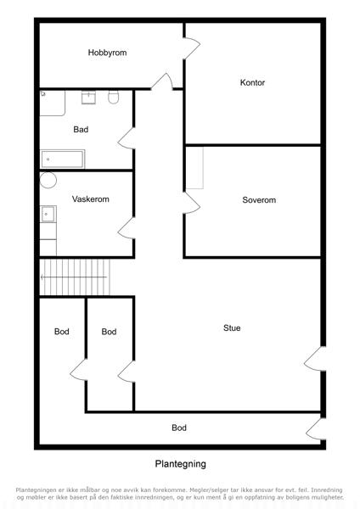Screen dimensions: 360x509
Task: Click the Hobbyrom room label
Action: tap(107, 53)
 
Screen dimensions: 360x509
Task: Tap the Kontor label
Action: tap(252, 82)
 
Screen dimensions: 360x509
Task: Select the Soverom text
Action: tap(259, 199)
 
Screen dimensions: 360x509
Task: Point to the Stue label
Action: tap(232, 327)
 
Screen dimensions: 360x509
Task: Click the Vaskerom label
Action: tap(91, 199)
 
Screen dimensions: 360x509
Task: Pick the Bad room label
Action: tap(81, 130)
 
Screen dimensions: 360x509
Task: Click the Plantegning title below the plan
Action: tap(180, 464)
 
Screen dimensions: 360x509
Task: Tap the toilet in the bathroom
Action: tap(114, 97)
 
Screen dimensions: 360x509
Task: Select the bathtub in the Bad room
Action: tap(62, 159)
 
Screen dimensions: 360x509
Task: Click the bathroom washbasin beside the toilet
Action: tap(88, 97)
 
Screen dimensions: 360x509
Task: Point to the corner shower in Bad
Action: tap(53, 103)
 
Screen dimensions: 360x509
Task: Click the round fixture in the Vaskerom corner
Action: tap(48, 180)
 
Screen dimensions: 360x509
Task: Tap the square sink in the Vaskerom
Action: tap(48, 214)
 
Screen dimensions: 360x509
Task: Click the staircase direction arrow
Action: tap(73, 277)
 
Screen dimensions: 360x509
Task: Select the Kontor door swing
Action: tap(192, 48)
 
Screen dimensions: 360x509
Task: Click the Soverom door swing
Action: tap(192, 203)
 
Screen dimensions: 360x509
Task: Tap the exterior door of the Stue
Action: tap(313, 359)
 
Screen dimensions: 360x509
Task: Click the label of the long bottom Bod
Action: tap(179, 428)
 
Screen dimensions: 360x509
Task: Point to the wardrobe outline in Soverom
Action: tap(194, 168)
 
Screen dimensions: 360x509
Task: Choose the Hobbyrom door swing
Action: tap(162, 81)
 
